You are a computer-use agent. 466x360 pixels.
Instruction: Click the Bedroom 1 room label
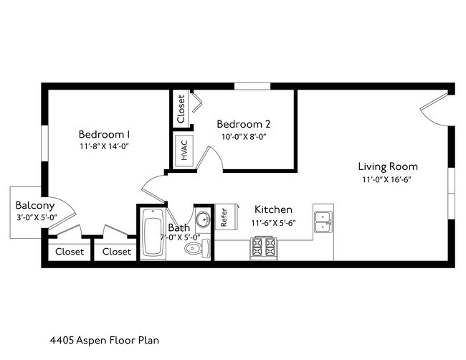point(104,134)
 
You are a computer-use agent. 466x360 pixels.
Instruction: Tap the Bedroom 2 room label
point(244,123)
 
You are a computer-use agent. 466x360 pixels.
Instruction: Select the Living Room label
point(388,166)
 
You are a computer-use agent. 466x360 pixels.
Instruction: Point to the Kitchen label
point(273,209)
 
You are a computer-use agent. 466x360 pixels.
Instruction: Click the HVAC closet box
point(183,151)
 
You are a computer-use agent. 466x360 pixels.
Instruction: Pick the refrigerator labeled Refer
point(224,217)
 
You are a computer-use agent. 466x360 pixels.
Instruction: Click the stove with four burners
point(263,247)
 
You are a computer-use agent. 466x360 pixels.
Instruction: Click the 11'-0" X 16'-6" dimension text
point(387,180)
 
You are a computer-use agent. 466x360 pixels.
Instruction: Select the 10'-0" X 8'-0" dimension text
point(243,136)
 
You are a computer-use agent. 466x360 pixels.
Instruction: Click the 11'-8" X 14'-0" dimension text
point(104,146)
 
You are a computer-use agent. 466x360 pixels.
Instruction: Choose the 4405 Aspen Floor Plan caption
point(105,340)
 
